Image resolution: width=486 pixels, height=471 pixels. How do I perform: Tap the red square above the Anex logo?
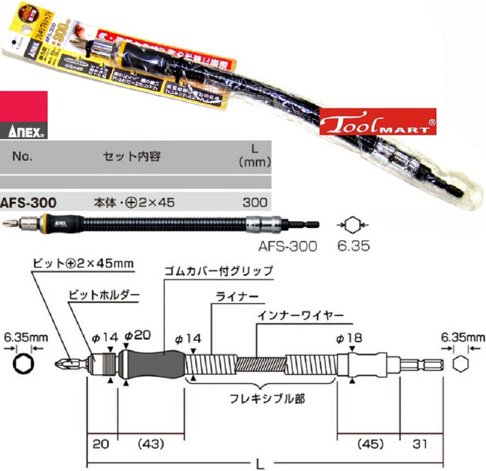24,106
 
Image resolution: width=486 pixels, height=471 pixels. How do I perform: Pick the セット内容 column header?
131,156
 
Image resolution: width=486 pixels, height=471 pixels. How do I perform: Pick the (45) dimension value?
368,444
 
